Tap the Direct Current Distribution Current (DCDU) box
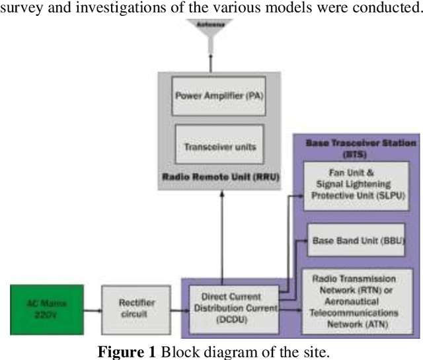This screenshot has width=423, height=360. pos(231,306)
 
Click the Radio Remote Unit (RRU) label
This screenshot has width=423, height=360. pos(210,176)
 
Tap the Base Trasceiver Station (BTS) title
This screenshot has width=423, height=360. pos(361,147)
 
